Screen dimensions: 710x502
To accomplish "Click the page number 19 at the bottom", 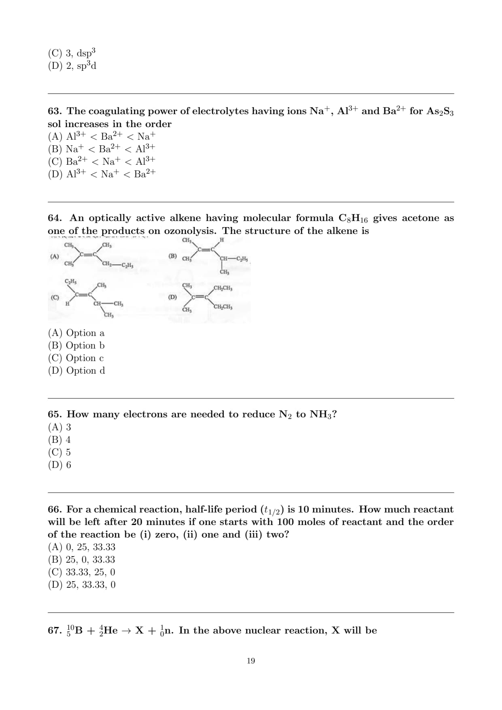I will tap(251, 661).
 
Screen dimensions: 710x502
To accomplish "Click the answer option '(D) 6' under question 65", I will tap(60, 465).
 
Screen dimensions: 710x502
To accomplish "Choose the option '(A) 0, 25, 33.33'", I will tap(81, 547).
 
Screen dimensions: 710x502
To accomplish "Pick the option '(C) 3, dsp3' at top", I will tap(72, 53).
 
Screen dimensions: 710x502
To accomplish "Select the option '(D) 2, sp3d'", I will tap(72, 66).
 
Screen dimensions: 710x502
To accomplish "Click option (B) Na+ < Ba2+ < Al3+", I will tap(102, 149).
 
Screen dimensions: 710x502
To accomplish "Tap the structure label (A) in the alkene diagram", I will tap(54, 256).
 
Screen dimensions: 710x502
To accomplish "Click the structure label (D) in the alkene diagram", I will tap(172, 297).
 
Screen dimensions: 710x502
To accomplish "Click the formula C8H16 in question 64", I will tap(353, 219).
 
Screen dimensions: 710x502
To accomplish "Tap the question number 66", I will tap(54, 509).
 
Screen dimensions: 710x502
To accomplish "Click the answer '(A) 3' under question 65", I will tap(60, 427).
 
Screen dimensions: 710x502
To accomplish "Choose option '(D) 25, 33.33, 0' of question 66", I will tap(81, 585).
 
